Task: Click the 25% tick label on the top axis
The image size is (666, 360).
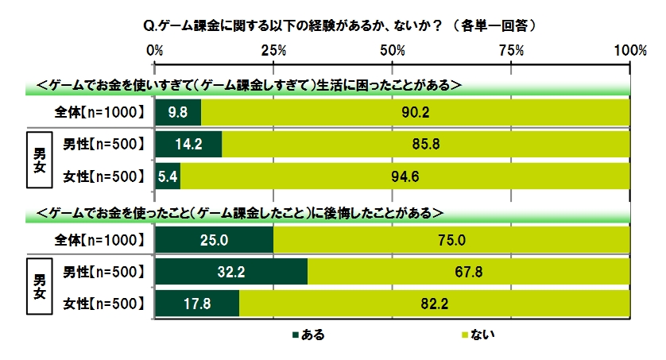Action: (x=274, y=50)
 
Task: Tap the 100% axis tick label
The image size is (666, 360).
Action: (x=629, y=50)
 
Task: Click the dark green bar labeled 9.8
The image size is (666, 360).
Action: (x=178, y=112)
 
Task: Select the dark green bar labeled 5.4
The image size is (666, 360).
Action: (x=168, y=176)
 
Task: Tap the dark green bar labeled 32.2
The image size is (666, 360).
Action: (x=231, y=272)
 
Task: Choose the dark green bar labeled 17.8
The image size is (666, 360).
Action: (x=197, y=303)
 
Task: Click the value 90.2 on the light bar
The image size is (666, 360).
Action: (x=416, y=112)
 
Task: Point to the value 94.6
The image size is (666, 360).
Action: (x=405, y=176)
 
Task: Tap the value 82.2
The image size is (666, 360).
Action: (x=435, y=303)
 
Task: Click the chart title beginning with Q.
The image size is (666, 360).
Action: (x=331, y=25)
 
